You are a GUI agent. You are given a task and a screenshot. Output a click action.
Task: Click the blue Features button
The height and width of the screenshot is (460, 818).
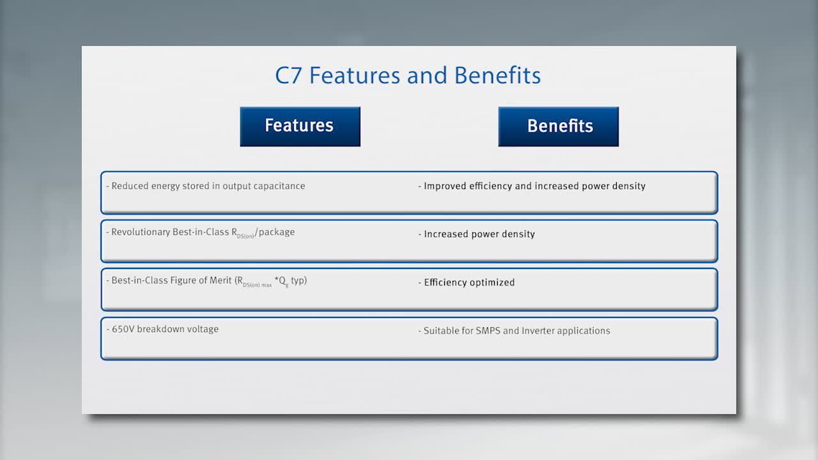(300, 126)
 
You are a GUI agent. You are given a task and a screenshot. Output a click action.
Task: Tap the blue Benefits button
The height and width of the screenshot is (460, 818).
(559, 126)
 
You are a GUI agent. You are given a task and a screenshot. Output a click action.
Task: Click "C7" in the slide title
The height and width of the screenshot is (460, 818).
(288, 75)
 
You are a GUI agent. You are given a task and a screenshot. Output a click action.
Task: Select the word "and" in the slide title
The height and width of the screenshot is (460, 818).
(427, 75)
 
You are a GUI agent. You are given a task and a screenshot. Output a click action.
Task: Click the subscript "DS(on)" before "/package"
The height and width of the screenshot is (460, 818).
(245, 236)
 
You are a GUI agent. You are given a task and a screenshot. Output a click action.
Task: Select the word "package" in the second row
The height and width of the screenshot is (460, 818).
(277, 232)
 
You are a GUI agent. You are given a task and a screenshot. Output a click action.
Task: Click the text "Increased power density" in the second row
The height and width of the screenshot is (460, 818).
(479, 234)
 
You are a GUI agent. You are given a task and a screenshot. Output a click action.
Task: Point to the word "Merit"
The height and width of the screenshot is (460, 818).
(220, 280)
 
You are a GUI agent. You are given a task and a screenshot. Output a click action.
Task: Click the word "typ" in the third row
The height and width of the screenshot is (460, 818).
(298, 280)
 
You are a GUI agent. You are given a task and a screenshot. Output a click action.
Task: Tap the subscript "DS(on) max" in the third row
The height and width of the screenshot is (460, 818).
(257, 285)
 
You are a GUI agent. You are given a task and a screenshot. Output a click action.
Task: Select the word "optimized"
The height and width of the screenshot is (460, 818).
(492, 282)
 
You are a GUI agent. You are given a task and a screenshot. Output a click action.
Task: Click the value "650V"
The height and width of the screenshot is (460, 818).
(123, 329)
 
